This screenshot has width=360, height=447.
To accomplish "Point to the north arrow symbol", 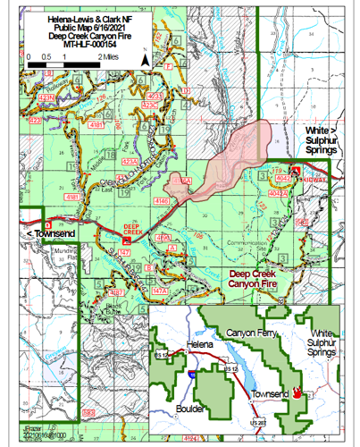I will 144,58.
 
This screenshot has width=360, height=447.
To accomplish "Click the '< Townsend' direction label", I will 43,233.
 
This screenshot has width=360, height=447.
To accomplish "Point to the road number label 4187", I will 116,292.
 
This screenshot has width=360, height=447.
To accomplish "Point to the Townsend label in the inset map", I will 273,393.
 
